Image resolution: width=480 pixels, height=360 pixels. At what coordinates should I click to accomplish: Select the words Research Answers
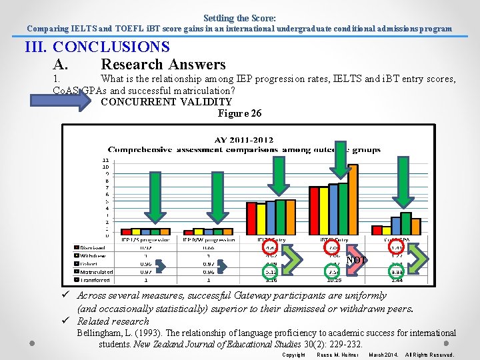coord(163,65)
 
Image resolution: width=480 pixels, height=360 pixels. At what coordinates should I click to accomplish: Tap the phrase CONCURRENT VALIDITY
coord(166,102)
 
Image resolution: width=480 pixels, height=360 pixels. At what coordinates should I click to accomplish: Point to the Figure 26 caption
coord(239,113)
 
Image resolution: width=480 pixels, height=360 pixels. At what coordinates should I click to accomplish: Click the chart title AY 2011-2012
coord(243,140)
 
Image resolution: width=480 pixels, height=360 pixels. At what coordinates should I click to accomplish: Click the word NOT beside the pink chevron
coord(357,260)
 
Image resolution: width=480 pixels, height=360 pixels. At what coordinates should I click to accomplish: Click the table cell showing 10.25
coord(334,280)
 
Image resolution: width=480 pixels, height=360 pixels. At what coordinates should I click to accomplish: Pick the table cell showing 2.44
coord(397,280)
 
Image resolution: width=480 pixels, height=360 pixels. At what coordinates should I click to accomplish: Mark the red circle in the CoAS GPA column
coord(397,248)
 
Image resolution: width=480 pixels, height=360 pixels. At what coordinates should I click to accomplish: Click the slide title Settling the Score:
coord(239,18)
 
